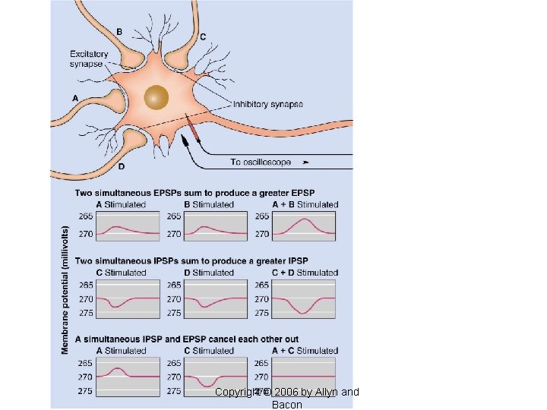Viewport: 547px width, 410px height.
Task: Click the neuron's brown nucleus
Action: pos(157,97)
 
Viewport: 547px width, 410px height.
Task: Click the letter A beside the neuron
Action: pos(74,98)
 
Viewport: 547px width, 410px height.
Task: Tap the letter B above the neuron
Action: pos(119,31)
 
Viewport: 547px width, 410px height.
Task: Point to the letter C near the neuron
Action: pos(203,36)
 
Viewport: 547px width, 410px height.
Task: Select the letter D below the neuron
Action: pos(122,166)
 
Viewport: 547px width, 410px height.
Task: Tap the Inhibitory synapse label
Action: pos(267,104)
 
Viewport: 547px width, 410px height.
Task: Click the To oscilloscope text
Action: pos(260,162)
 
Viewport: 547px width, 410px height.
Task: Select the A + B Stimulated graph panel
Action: pos(304,225)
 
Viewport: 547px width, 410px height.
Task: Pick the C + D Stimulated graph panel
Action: pos(304,298)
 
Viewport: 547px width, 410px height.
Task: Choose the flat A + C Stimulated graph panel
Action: pos(304,377)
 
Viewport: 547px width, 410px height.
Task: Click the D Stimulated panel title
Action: pos(210,273)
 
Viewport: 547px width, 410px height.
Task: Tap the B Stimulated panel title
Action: pos(210,204)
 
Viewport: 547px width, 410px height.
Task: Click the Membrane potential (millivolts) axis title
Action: pos(65,289)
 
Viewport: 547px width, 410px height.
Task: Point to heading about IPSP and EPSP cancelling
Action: pos(186,339)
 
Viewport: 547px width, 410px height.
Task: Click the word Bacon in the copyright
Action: pos(286,405)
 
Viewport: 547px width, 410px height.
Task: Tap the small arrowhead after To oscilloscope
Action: pos(306,162)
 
